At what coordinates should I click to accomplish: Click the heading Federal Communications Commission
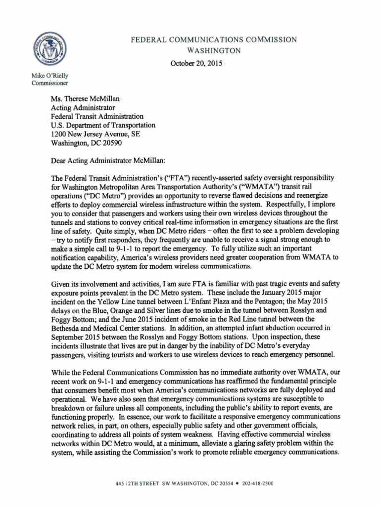tap(214, 39)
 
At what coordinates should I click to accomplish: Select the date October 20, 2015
tap(196, 63)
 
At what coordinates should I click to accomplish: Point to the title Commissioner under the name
tap(49, 84)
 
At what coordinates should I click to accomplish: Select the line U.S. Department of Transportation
tap(103, 125)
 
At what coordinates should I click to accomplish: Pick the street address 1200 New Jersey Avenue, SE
tap(99, 134)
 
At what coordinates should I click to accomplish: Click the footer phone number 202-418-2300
tap(260, 484)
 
